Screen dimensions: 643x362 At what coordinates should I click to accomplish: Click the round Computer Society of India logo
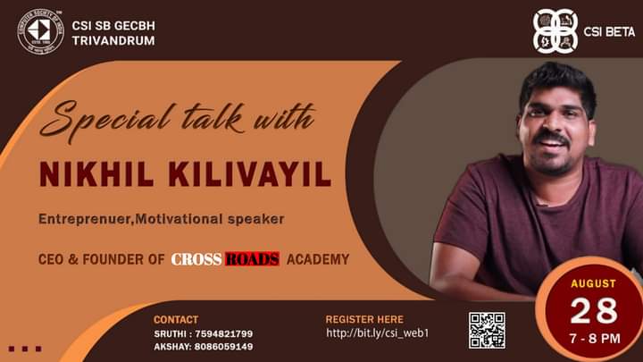click(x=40, y=31)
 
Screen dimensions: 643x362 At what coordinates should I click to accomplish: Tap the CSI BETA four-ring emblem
click(x=555, y=31)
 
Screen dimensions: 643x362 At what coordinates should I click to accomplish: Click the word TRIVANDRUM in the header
click(x=113, y=40)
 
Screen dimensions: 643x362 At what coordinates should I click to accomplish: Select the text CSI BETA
click(x=609, y=32)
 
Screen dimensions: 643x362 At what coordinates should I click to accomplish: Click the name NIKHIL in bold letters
click(x=96, y=174)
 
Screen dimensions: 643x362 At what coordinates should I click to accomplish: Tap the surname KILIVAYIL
click(x=250, y=174)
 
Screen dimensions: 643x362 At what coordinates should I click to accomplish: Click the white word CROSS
click(x=196, y=259)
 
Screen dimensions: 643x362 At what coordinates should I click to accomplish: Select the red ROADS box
click(x=253, y=259)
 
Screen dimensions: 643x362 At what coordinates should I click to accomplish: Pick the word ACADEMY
click(x=318, y=259)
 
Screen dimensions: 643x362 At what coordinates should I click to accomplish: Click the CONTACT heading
click(x=176, y=320)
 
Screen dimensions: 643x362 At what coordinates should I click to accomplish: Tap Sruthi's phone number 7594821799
click(x=224, y=334)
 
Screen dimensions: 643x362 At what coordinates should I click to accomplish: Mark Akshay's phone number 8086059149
click(x=224, y=347)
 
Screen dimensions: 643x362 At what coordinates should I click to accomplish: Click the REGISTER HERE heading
click(x=364, y=319)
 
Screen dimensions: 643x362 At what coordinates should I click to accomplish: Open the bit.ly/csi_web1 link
click(x=377, y=333)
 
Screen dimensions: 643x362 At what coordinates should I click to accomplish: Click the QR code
click(x=488, y=331)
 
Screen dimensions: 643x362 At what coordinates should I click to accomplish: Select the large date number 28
click(x=593, y=311)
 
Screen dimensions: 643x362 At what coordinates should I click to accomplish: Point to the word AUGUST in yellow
click(x=593, y=283)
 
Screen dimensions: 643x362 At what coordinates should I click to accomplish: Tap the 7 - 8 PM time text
click(x=595, y=339)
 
